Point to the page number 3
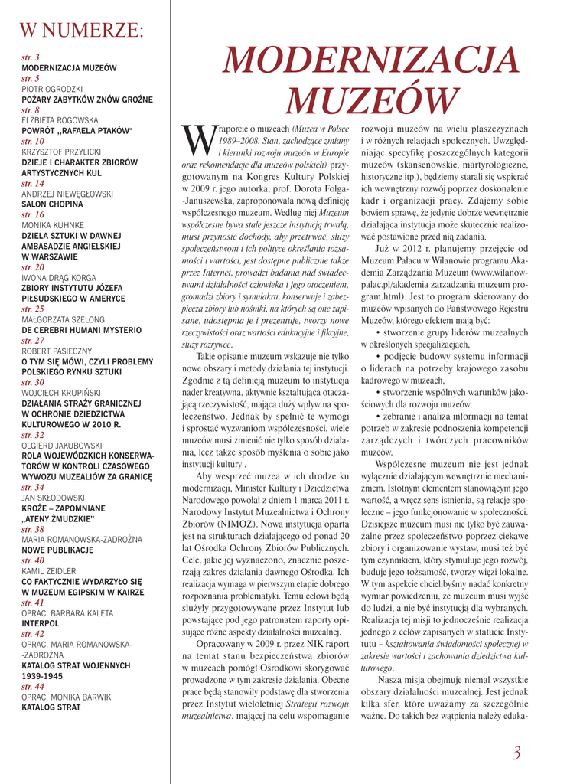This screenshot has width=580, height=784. [517, 753]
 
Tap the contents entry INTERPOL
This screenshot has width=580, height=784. [40, 625]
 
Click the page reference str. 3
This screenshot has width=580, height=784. [31, 57]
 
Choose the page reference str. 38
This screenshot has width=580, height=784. [33, 529]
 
